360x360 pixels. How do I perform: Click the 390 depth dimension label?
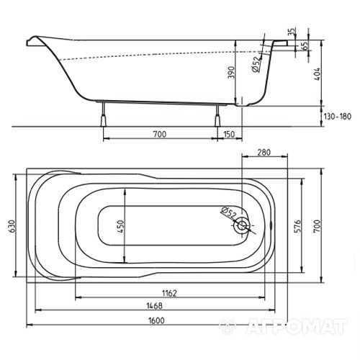coord(231,72)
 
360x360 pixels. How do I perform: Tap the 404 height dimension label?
coord(317,74)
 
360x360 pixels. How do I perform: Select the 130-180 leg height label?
coord(337,117)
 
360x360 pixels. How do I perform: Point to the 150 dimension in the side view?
coord(229,134)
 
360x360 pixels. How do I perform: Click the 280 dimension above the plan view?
coord(264,153)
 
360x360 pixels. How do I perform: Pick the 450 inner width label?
coord(120,226)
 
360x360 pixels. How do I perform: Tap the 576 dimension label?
coord(297,226)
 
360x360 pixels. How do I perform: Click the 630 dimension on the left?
coord(12,226)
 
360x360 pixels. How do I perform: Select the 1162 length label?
coord(170,293)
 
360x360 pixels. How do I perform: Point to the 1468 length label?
coord(155,306)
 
